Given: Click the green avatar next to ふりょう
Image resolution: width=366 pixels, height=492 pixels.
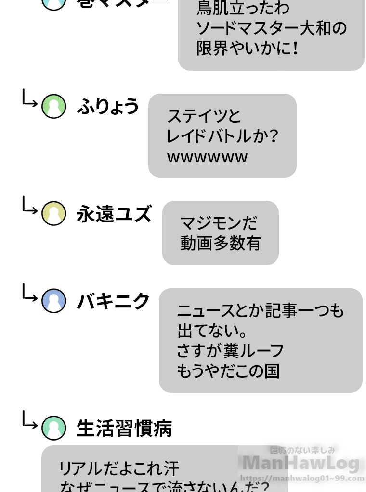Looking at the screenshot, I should [x=53, y=106].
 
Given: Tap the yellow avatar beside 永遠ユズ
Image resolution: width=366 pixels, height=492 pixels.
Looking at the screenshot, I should [x=53, y=214].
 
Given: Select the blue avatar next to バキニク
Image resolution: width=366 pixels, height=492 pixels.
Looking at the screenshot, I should [x=53, y=301].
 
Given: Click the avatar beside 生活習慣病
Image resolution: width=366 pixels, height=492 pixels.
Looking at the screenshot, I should [x=53, y=428].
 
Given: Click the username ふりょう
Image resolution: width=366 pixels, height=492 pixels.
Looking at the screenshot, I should [x=108, y=107].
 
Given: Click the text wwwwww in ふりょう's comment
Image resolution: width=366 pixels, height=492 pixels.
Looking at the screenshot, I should [x=207, y=158].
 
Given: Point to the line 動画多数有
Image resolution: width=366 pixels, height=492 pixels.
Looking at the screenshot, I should [x=220, y=244].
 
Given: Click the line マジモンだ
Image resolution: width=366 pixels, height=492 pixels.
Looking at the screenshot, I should [x=219, y=223].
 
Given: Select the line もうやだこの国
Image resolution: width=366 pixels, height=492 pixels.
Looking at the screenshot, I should [x=228, y=371].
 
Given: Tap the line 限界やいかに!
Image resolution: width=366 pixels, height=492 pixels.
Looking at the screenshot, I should [x=248, y=49].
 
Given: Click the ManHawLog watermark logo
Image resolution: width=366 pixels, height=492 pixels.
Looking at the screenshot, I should [x=301, y=463].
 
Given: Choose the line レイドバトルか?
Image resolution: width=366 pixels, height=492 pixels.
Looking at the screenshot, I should [x=222, y=137].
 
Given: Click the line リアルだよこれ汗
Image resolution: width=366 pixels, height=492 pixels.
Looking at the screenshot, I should [x=119, y=468].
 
